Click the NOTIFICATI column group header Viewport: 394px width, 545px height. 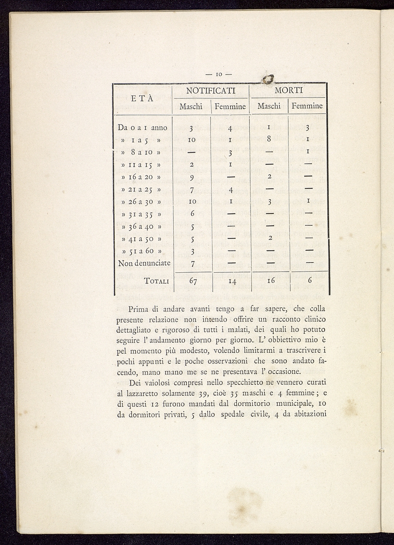coord(211,91)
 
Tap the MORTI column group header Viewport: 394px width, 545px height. coord(289,90)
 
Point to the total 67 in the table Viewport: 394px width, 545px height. coord(193,281)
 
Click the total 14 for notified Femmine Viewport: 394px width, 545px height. coord(232,281)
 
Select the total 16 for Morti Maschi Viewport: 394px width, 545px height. coord(271,281)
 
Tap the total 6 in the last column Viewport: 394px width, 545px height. coord(310,281)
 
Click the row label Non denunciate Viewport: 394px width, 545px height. coord(144,263)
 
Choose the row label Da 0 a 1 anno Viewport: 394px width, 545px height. coord(142,128)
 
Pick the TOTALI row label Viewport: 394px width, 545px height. coord(157,281)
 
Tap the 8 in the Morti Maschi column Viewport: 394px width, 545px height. coord(269,139)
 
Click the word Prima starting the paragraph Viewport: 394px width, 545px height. coord(138,309)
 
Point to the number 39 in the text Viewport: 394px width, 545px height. coord(203,394)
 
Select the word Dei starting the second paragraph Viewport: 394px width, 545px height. coord(135,383)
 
